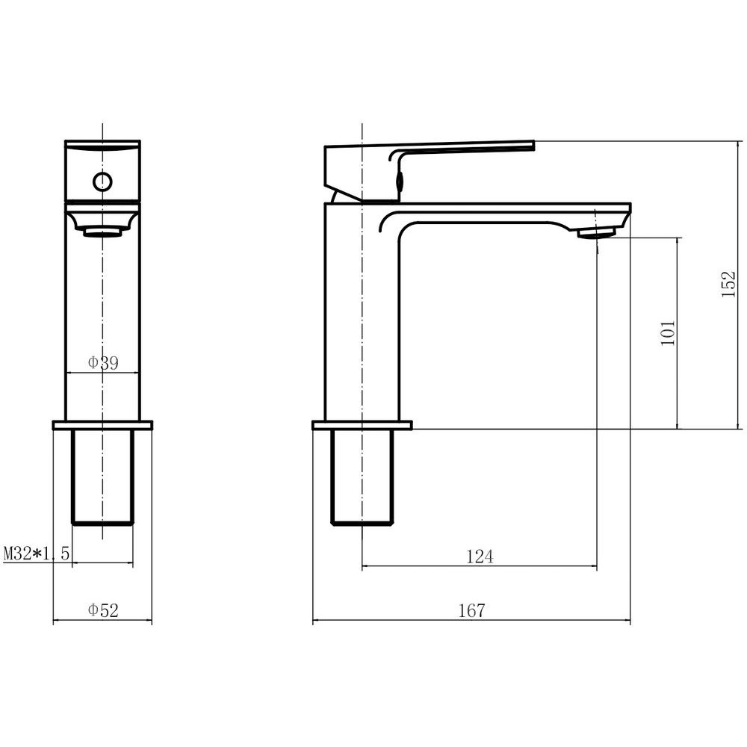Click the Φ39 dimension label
point(103,363)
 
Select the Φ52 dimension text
point(103,610)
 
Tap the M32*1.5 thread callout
point(37,554)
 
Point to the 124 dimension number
point(480,556)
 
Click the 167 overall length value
point(471,610)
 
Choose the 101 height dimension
point(668,333)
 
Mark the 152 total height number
point(728,285)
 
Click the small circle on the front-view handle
point(102,182)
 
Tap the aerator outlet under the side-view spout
point(596,232)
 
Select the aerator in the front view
point(102,232)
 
